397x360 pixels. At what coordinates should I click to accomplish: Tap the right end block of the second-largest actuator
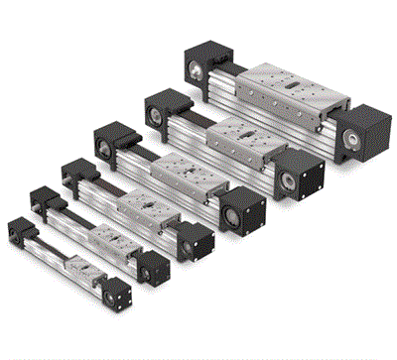302,179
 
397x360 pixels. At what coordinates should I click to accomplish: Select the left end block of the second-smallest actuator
46,199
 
